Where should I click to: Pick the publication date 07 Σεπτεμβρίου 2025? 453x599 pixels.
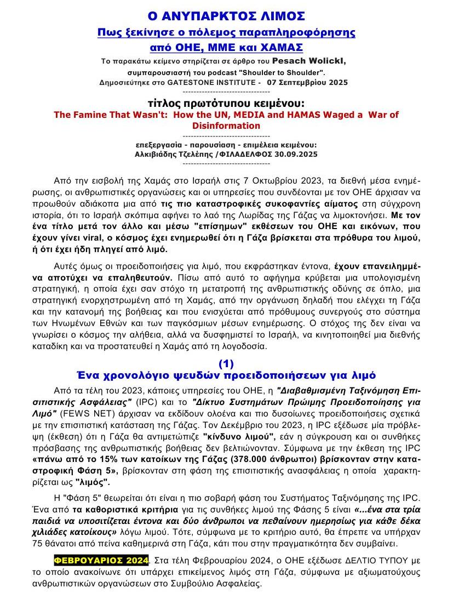[307, 82]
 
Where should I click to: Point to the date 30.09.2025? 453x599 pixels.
[296, 154]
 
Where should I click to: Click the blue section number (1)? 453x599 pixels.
[226, 364]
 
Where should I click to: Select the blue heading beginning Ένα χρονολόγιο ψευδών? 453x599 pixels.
[226, 375]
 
